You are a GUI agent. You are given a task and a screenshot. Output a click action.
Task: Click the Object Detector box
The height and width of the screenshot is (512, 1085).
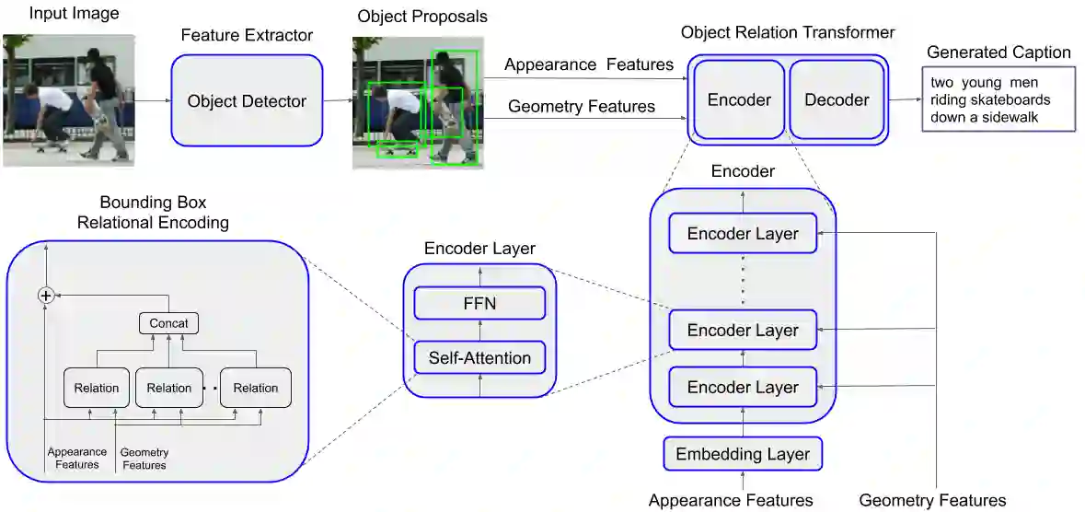click(247, 101)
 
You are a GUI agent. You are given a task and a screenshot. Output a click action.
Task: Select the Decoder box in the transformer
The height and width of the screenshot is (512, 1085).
click(837, 100)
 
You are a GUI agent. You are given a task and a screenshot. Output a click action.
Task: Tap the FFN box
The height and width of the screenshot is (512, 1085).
click(479, 303)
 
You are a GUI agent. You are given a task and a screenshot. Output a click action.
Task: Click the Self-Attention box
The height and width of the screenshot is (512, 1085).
click(479, 357)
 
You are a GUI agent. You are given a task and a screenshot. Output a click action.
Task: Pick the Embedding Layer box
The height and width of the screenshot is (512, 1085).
click(743, 454)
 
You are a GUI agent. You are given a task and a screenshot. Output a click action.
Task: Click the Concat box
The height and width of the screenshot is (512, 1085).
click(168, 323)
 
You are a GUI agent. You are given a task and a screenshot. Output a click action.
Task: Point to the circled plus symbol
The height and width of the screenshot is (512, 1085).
click(45, 295)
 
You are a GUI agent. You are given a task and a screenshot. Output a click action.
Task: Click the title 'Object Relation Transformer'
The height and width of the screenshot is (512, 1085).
click(788, 33)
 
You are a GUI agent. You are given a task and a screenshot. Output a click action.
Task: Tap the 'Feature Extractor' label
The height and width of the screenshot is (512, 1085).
click(247, 36)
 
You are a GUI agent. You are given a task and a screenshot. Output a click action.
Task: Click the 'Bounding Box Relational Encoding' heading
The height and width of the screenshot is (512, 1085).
click(153, 212)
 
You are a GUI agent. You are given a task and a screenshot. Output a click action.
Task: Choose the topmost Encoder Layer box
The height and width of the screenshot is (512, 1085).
click(743, 234)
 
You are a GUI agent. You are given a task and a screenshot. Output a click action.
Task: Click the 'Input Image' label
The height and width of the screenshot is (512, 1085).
click(61, 14)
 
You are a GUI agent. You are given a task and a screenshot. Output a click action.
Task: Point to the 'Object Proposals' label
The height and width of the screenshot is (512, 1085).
click(422, 17)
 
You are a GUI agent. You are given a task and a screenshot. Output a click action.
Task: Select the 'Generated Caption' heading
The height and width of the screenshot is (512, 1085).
click(998, 52)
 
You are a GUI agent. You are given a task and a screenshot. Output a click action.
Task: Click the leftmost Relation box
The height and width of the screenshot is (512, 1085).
click(97, 388)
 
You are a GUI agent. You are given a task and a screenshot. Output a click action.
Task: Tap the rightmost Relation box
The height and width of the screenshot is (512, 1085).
click(255, 388)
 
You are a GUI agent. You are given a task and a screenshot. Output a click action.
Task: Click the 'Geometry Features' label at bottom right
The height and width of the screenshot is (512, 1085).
click(932, 501)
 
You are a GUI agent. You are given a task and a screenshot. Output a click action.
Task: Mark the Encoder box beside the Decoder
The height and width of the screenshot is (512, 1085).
click(739, 100)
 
